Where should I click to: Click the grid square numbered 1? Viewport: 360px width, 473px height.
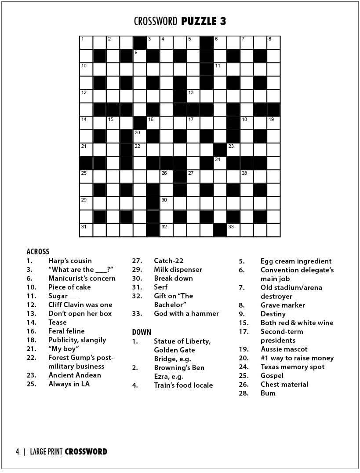click(x=86, y=43)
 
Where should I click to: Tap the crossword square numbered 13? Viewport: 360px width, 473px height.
click(x=193, y=96)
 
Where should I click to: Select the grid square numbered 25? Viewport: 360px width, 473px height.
click(x=86, y=176)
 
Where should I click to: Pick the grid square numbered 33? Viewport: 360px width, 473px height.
click(x=233, y=230)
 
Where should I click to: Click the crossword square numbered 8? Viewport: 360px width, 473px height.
click(x=273, y=43)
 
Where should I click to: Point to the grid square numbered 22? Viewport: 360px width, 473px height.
click(x=140, y=150)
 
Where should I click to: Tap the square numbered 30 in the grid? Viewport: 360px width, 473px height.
click(x=167, y=203)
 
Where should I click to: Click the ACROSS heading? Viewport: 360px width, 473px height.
click(x=38, y=252)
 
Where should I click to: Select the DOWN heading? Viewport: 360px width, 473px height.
click(x=142, y=332)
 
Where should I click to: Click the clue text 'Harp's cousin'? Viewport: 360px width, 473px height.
click(x=70, y=260)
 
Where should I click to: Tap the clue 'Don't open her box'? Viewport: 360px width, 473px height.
click(x=80, y=313)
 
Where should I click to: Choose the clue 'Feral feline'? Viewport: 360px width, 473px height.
click(x=66, y=331)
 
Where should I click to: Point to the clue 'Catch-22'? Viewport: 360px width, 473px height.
click(x=168, y=260)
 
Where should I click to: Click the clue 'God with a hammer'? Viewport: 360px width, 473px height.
click(x=186, y=313)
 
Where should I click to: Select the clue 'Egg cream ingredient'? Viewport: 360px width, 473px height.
click(x=296, y=261)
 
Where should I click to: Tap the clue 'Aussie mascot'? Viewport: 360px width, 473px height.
click(x=284, y=349)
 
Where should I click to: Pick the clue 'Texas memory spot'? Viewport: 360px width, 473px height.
click(x=292, y=367)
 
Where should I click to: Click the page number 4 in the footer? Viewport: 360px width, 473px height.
click(x=18, y=451)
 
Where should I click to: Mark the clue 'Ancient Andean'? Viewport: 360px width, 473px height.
click(x=75, y=375)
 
